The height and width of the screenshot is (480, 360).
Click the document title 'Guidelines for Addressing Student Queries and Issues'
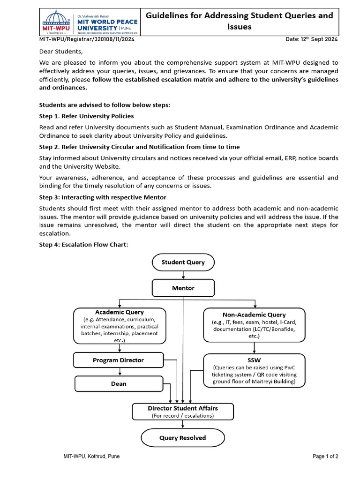click(240, 21)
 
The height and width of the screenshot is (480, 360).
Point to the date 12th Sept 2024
click(312, 39)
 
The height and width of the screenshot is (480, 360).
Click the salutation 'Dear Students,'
click(60, 52)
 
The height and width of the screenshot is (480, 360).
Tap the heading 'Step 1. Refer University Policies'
click(86, 116)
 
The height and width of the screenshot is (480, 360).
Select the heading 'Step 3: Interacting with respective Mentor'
click(102, 197)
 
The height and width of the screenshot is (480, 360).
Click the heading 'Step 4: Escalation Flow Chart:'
click(83, 244)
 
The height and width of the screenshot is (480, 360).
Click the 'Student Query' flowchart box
click(183, 262)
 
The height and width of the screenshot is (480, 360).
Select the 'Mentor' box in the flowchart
click(183, 288)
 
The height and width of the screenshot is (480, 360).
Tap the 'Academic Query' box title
click(120, 312)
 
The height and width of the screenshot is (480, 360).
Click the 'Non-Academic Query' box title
click(254, 315)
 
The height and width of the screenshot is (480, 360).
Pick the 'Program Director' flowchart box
click(119, 360)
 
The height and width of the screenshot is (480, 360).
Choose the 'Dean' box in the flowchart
click(119, 383)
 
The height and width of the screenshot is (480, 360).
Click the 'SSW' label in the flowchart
click(254, 360)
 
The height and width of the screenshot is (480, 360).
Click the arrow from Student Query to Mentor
click(183, 275)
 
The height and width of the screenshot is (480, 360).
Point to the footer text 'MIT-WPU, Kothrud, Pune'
click(91, 456)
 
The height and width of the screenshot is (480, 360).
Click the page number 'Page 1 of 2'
click(325, 456)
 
